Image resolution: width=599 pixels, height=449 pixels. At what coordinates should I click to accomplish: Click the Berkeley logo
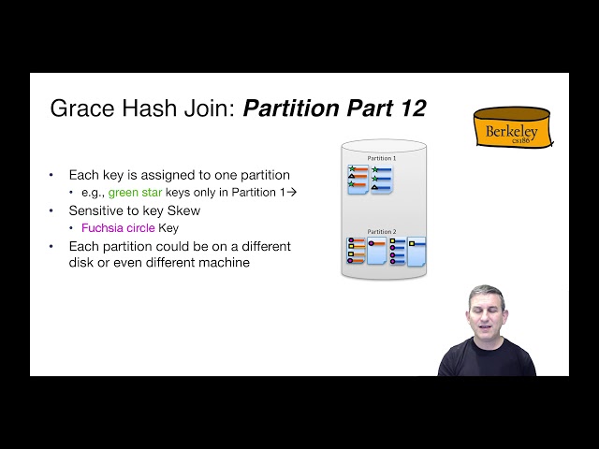pos(511,128)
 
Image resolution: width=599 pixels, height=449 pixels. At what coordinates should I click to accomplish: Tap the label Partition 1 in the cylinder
pos(381,158)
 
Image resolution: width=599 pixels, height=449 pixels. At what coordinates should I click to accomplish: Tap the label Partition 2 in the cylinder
pos(381,231)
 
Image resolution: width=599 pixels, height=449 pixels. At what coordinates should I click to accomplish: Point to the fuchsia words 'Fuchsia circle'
pos(118,227)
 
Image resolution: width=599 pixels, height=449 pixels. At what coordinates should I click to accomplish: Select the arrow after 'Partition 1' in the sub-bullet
pos(291,192)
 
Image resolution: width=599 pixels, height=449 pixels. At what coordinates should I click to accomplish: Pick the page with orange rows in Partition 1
pos(358,179)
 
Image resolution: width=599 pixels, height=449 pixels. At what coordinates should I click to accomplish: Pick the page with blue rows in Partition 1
pos(381,179)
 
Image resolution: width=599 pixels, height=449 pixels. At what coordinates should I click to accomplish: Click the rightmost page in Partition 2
pos(416,251)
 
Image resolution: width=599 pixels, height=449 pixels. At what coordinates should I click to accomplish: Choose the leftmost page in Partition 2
pos(355,251)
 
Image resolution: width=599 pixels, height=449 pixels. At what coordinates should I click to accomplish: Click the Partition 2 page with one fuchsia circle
pos(376,251)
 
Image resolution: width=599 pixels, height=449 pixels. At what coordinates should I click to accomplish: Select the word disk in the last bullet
pos(82,263)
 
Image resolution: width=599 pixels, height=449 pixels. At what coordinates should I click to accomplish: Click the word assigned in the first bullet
pos(167,175)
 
